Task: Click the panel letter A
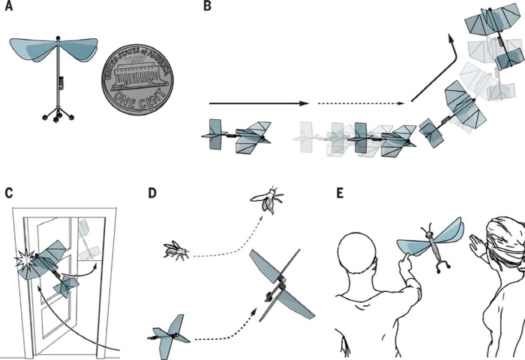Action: coord(9,6)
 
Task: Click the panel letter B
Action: coord(207,6)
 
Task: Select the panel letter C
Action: coord(9,193)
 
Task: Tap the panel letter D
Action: coord(152,193)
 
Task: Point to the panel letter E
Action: coord(340,193)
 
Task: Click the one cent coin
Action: coord(137,79)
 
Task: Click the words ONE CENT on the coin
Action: coord(140,100)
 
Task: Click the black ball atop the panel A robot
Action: coord(58,37)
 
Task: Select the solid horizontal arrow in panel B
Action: coord(259,103)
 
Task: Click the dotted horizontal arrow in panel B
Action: coord(361,103)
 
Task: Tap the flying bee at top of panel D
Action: coord(268,200)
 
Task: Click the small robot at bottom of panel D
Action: coord(169,337)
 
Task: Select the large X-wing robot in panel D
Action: coord(280,286)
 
